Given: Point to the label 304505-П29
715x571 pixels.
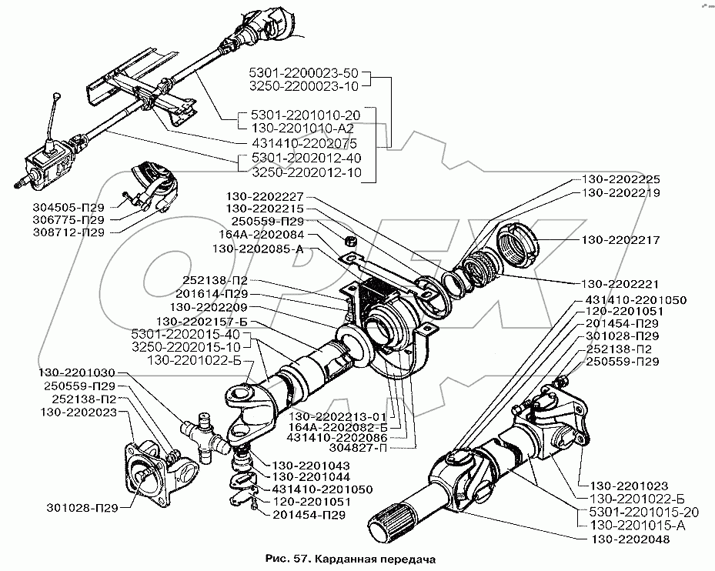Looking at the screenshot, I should click(67, 206).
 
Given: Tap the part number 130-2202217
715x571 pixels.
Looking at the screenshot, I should click(621, 240).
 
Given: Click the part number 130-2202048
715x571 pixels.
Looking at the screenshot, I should click(630, 540).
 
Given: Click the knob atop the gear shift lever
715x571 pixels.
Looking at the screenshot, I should click(57, 95).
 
